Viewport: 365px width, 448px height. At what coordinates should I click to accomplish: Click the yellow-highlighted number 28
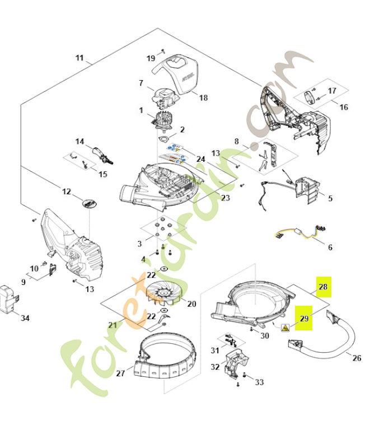coord(324,287)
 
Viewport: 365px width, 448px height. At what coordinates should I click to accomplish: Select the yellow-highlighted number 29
coord(303,318)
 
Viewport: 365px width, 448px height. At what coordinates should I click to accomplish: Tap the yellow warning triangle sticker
coord(286,329)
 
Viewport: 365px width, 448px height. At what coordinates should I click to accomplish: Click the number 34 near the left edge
coord(25,318)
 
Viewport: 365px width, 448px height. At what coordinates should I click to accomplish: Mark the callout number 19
coord(151,58)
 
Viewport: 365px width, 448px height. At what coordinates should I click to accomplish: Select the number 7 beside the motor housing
coord(142,83)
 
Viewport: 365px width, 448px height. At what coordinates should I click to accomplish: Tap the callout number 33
coord(259,382)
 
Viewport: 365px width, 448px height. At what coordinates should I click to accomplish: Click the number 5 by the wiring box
coord(330,198)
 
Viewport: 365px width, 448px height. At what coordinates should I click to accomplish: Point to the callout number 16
coord(343,107)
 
